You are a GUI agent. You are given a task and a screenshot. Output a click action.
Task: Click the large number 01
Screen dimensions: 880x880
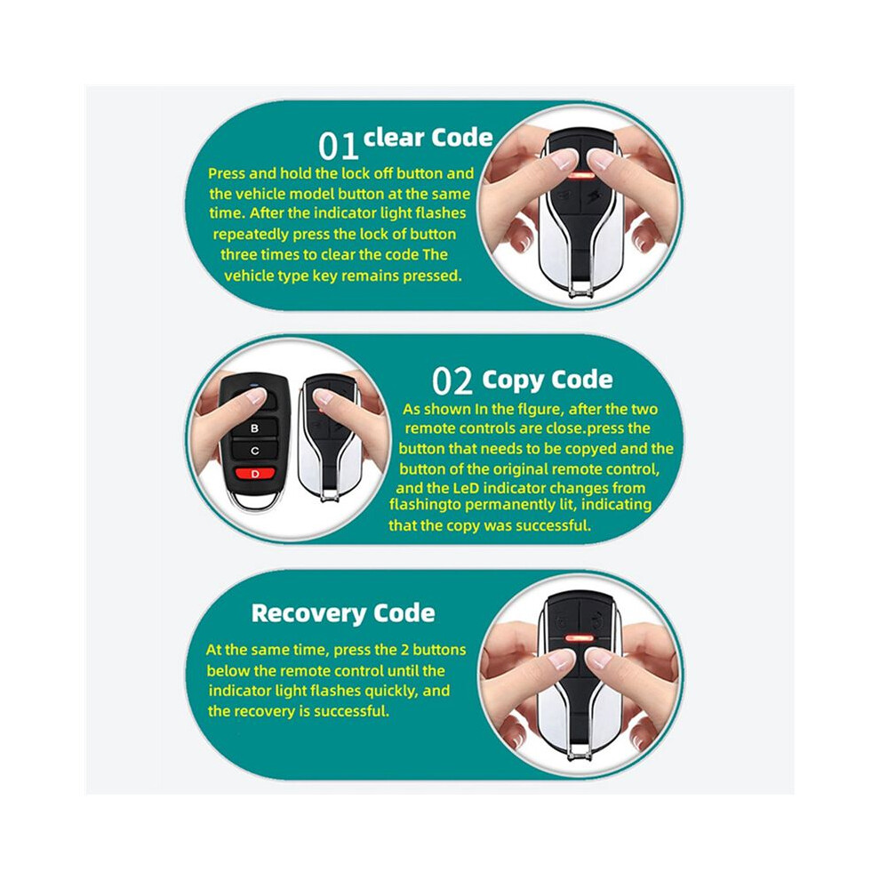tap(338, 146)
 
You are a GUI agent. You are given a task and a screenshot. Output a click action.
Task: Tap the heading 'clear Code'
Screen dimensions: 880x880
tap(428, 138)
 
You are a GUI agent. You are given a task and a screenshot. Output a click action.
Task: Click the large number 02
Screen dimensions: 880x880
tap(452, 381)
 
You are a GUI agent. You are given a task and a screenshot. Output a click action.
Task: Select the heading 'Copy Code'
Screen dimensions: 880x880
tap(548, 380)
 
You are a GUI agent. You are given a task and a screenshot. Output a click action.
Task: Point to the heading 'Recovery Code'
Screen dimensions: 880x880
tap(343, 612)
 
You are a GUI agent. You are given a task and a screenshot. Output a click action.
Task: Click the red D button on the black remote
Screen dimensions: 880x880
tap(255, 474)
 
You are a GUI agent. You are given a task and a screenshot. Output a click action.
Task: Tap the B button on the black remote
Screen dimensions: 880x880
tap(255, 428)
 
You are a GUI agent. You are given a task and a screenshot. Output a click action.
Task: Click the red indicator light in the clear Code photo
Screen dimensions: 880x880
tap(581, 176)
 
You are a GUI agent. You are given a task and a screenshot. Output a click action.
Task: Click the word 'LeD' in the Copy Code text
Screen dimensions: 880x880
tap(465, 488)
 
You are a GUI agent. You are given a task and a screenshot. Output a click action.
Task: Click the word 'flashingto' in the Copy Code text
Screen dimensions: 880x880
tap(425, 505)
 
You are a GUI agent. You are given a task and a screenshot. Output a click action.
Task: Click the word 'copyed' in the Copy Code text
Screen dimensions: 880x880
tap(587, 450)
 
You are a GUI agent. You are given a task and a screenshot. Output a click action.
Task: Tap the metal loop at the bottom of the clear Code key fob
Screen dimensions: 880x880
tap(581, 289)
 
